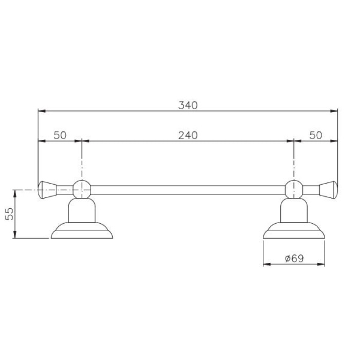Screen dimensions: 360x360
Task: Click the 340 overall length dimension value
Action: pos(187,105)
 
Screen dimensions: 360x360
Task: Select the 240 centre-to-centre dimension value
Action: pos(187,136)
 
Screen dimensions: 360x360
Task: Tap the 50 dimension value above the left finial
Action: pos(59,136)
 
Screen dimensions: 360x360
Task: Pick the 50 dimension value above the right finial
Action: pos(316,136)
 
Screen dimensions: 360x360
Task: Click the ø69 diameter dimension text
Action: pos(293,258)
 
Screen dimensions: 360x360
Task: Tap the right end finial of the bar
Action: pos(328,188)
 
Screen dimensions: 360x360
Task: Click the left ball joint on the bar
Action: pos(81,188)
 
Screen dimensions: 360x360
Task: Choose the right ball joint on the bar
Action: pos(293,188)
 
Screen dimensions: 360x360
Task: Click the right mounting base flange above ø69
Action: pos(293,232)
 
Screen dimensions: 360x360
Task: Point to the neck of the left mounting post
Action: pos(81,210)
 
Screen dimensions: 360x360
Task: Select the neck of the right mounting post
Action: pos(293,210)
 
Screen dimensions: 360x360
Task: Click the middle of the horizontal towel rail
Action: pos(187,189)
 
